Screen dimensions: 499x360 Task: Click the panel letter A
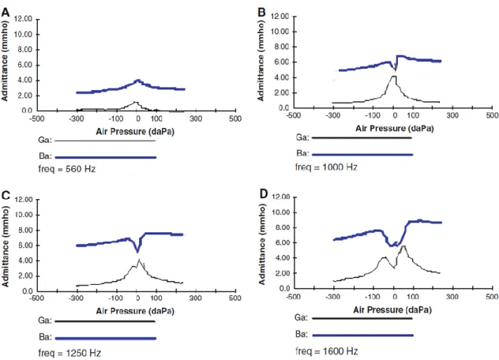coord(6,12)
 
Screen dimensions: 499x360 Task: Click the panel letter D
coord(264,193)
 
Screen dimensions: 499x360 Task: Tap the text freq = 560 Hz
coord(67,169)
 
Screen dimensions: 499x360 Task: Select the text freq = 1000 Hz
coord(326,167)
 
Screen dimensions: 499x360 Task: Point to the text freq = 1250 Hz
coord(69,353)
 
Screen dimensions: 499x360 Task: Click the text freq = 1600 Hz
coord(327,351)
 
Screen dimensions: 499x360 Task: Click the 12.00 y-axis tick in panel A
coord(23,19)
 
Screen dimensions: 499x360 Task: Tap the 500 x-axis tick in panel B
coord(492,115)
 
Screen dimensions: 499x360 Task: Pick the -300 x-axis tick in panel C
coord(76,298)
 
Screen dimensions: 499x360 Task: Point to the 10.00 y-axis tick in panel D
coord(280,212)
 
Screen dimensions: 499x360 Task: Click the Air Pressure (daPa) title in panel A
coord(135,132)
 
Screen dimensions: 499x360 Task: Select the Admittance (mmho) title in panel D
coord(262,244)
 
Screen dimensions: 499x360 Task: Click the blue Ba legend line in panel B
coord(362,155)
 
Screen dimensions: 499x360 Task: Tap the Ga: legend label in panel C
coord(45,321)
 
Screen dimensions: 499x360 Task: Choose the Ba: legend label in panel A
coord(45,156)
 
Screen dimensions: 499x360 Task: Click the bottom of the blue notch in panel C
coord(137,252)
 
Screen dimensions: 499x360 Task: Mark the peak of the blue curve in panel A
coord(138,81)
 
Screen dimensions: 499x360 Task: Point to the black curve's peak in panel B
coord(394,77)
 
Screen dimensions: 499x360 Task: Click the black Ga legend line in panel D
coord(362,318)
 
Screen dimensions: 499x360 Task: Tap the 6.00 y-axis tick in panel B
coord(281,62)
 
